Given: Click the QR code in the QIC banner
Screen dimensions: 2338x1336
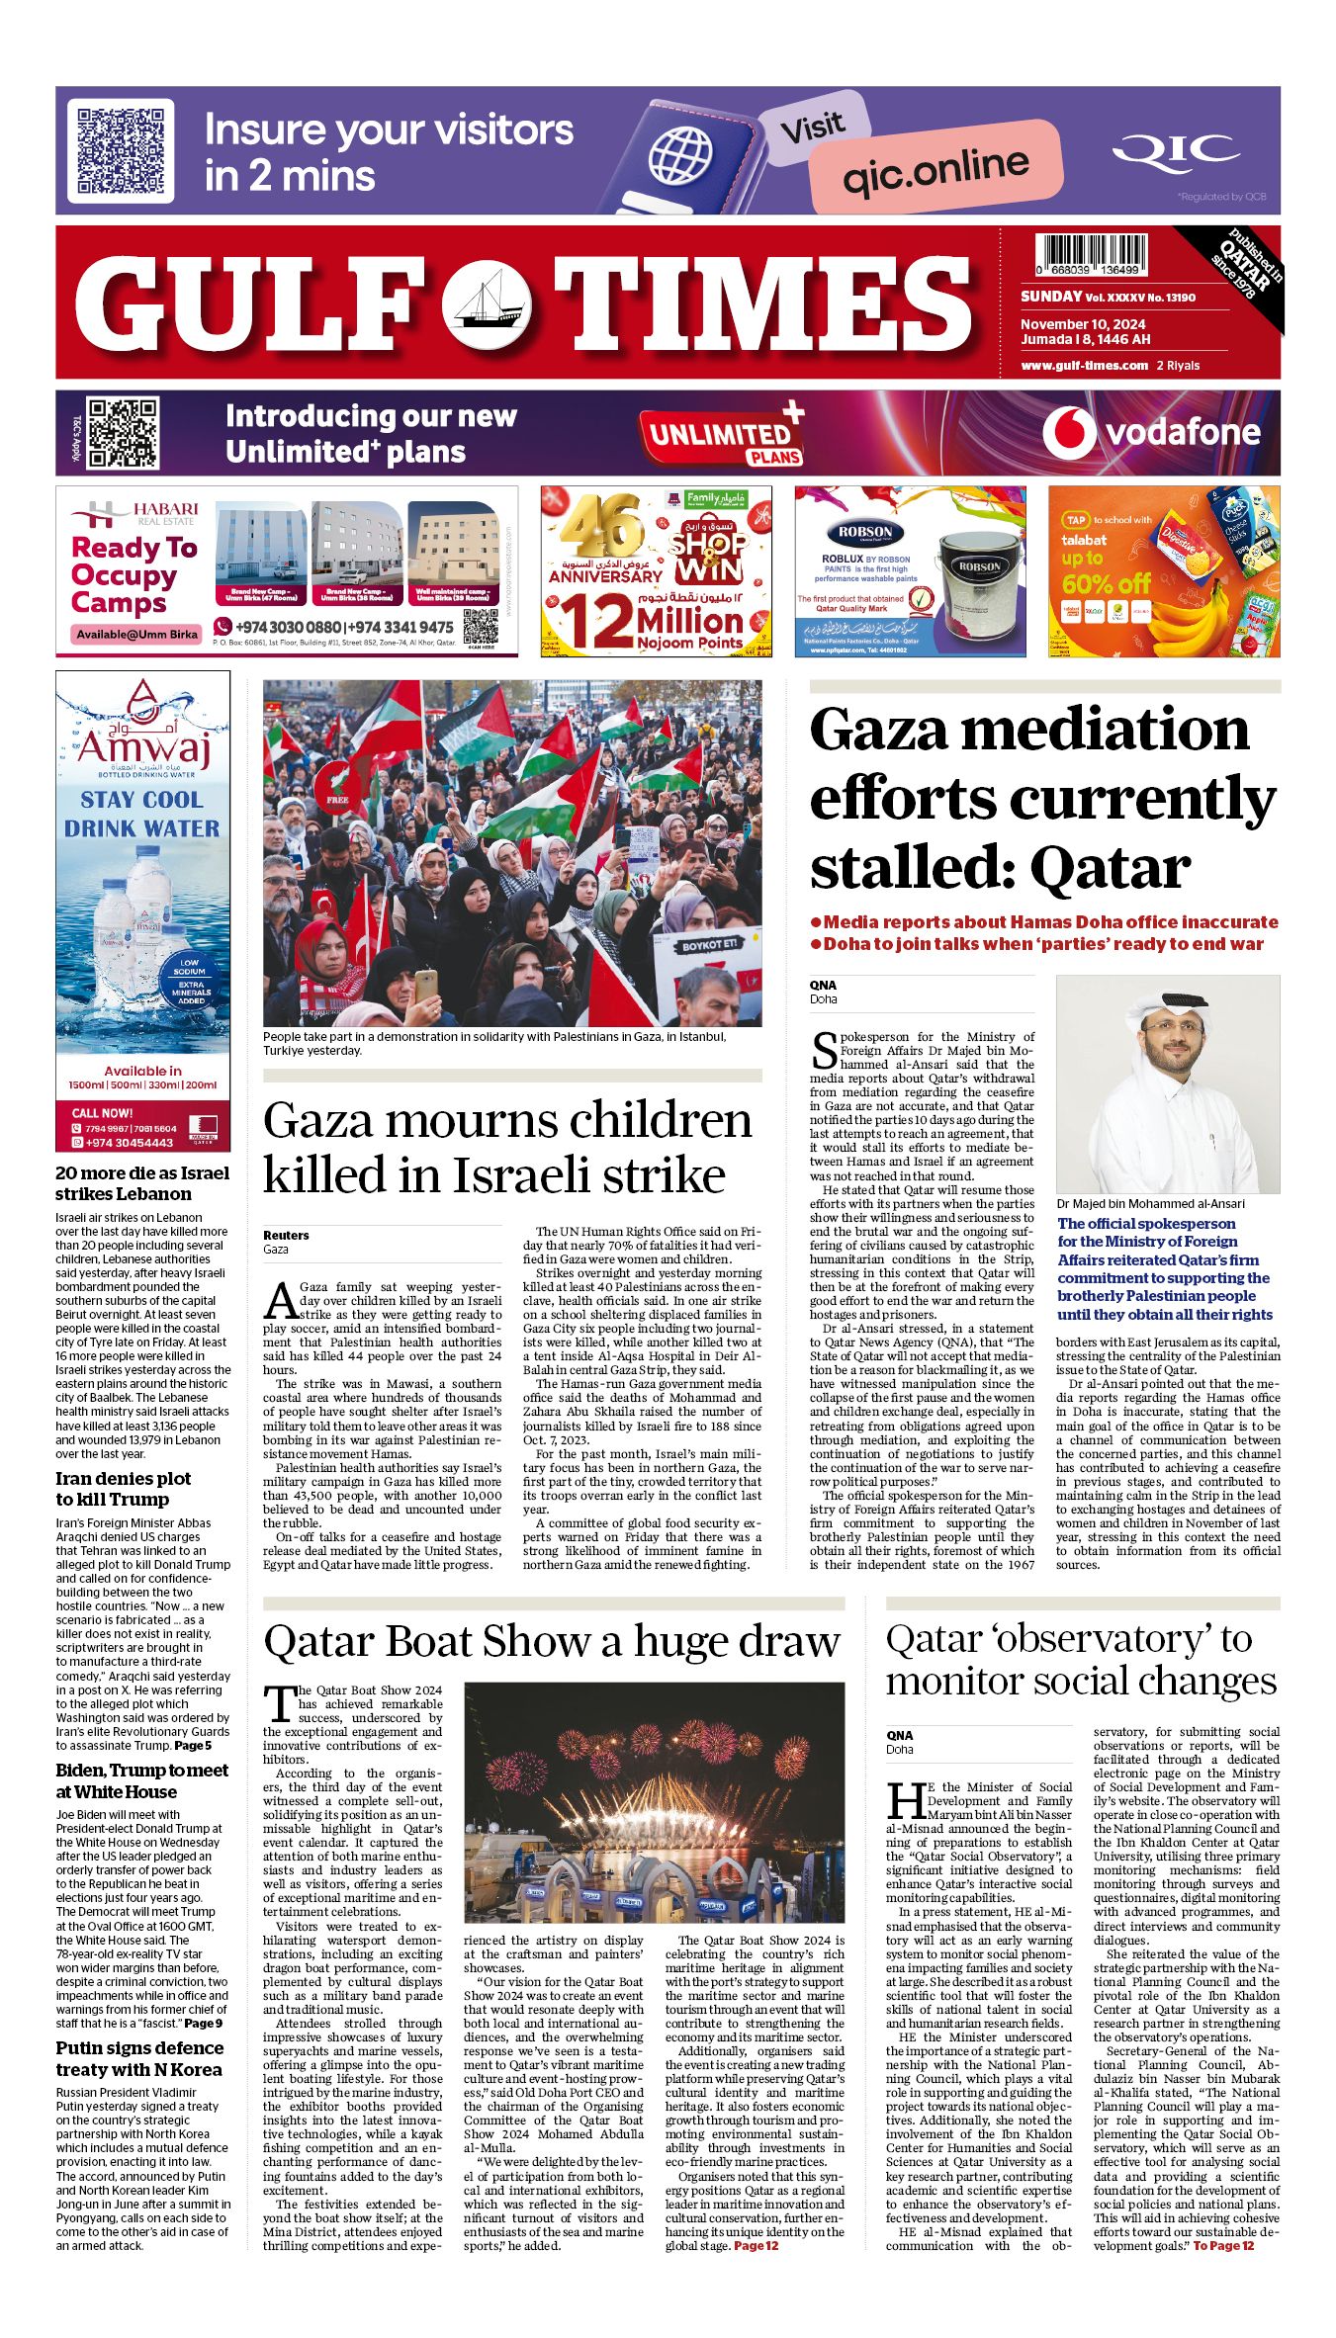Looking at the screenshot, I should point(121,150).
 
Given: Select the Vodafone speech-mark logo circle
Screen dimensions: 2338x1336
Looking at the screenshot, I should point(1068,432).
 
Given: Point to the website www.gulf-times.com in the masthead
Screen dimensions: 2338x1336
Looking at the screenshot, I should point(1084,366).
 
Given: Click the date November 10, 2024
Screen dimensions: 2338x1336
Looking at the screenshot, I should point(1083,324).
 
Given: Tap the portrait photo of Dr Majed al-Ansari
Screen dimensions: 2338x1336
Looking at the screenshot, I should point(1167,1084).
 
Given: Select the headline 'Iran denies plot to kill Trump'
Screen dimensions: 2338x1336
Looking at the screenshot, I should point(123,1489).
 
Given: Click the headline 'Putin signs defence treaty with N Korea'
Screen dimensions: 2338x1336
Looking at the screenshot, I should point(138,2058).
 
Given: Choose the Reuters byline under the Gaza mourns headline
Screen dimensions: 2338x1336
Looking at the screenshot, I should point(286,1235).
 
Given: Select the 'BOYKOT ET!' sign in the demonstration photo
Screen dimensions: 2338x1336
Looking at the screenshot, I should point(710,945).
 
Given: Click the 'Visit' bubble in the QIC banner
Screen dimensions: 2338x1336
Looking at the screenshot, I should point(812,128).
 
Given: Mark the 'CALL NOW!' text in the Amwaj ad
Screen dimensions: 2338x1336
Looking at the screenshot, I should point(102,1113).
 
